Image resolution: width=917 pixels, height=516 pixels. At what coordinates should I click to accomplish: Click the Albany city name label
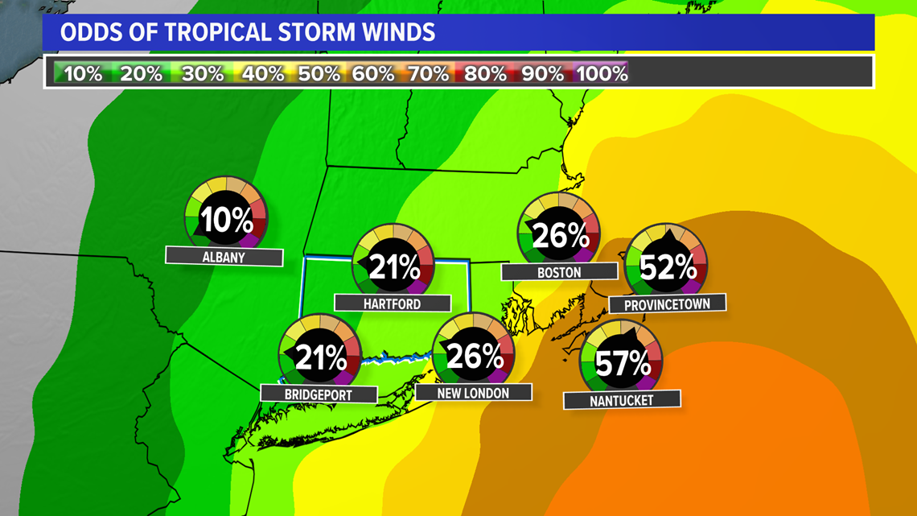[x=224, y=257]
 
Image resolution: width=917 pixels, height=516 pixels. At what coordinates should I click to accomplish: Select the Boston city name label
[x=559, y=272]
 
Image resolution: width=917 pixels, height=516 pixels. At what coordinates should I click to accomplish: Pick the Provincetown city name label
[x=668, y=304]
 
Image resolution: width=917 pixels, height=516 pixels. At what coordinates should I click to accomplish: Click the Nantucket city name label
[x=622, y=399]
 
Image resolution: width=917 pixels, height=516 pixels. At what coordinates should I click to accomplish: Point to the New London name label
[x=474, y=393]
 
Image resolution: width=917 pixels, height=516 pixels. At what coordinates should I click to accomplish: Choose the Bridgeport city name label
[x=319, y=394]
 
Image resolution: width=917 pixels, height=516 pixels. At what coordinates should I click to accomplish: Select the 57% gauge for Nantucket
[x=622, y=361]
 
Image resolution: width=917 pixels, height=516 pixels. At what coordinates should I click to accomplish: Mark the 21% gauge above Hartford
[x=393, y=264]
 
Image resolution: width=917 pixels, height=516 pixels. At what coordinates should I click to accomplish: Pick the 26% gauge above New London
[x=474, y=354]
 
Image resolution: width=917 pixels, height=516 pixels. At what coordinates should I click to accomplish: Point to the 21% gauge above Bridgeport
[x=319, y=355]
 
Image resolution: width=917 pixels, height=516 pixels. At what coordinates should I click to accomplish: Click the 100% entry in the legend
[x=602, y=73]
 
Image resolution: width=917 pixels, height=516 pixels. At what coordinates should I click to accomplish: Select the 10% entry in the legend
[x=83, y=73]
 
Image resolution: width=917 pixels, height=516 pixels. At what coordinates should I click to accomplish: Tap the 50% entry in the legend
[x=319, y=73]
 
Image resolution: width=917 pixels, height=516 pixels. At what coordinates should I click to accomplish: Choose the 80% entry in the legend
[x=486, y=73]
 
